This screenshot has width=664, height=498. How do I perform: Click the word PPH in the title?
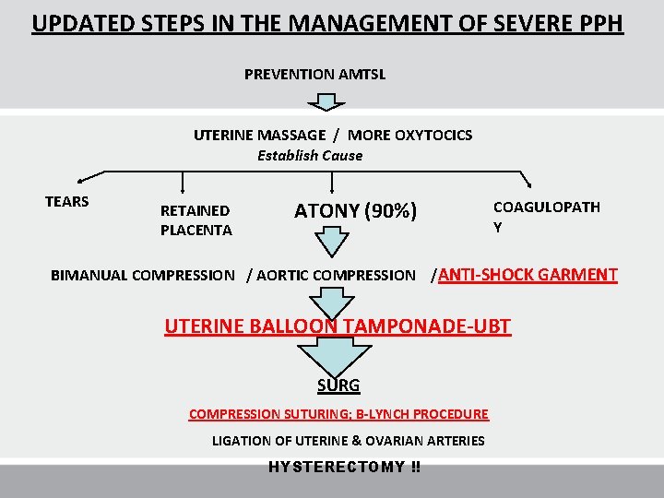pyautogui.click(x=596, y=22)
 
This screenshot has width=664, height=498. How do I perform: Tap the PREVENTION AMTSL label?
pyautogui.click(x=314, y=74)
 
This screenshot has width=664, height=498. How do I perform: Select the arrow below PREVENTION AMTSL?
pyautogui.click(x=314, y=97)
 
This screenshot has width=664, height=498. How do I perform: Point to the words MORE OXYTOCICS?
pyautogui.click(x=409, y=136)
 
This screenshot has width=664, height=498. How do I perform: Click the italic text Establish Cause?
pyautogui.click(x=310, y=156)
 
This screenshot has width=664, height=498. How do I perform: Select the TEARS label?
pyautogui.click(x=67, y=202)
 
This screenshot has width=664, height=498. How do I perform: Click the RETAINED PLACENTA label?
pyautogui.click(x=196, y=220)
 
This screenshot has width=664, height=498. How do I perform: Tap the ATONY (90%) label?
pyautogui.click(x=355, y=211)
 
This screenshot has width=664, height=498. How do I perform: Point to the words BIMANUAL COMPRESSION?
pyautogui.click(x=142, y=275)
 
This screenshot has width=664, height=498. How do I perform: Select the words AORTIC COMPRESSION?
pyautogui.click(x=336, y=275)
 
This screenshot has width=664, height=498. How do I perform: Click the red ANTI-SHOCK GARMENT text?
pyautogui.click(x=528, y=274)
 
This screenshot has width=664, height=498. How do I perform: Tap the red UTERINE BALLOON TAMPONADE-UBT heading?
pyautogui.click(x=338, y=326)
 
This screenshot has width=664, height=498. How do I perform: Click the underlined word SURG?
pyautogui.click(x=338, y=385)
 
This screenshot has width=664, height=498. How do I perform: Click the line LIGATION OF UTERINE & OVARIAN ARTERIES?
pyautogui.click(x=348, y=441)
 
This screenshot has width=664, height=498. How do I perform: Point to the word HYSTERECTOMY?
pyautogui.click(x=336, y=468)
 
